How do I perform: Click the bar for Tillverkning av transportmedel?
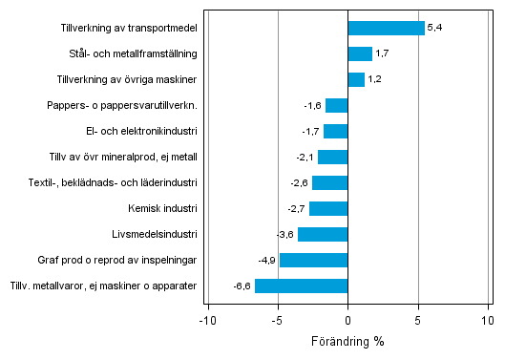pos(386,28)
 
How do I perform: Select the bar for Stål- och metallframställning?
pos(360,53)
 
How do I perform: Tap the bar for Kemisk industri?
pos(328,208)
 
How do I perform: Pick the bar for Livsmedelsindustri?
pos(323,234)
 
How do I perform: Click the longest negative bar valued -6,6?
pos(301,286)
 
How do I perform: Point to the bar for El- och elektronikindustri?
pos(336,131)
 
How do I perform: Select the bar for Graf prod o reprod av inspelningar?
pos(313,260)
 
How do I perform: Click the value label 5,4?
pos(435,28)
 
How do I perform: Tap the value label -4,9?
pos(266,260)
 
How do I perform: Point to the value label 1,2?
pos(376,79)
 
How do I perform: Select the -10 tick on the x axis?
pos(206,319)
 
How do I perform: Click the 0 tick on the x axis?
pos(347,319)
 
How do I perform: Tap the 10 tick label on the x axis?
pos(488,319)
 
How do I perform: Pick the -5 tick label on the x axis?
pos(277,319)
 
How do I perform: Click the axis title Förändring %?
pos(347,341)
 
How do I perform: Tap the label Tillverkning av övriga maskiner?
pos(127,79)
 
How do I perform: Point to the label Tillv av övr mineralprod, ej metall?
pos(123,157)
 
